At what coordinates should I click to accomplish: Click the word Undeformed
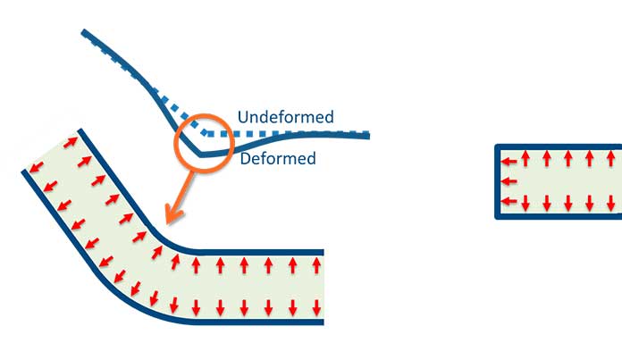coord(285,117)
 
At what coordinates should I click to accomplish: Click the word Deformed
coord(278,159)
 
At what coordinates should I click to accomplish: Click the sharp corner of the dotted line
coord(207,132)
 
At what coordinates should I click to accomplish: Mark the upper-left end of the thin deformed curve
coord(83,32)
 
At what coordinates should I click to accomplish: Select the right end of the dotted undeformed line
coord(367,134)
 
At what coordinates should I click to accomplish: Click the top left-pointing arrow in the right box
coord(509,162)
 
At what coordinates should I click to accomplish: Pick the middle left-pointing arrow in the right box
coord(509,181)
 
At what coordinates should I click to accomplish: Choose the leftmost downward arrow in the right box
coord(526,203)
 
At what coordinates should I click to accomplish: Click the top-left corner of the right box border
coord(497,147)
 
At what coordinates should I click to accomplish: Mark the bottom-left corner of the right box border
coord(497,216)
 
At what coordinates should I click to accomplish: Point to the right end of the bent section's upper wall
coord(322,252)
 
